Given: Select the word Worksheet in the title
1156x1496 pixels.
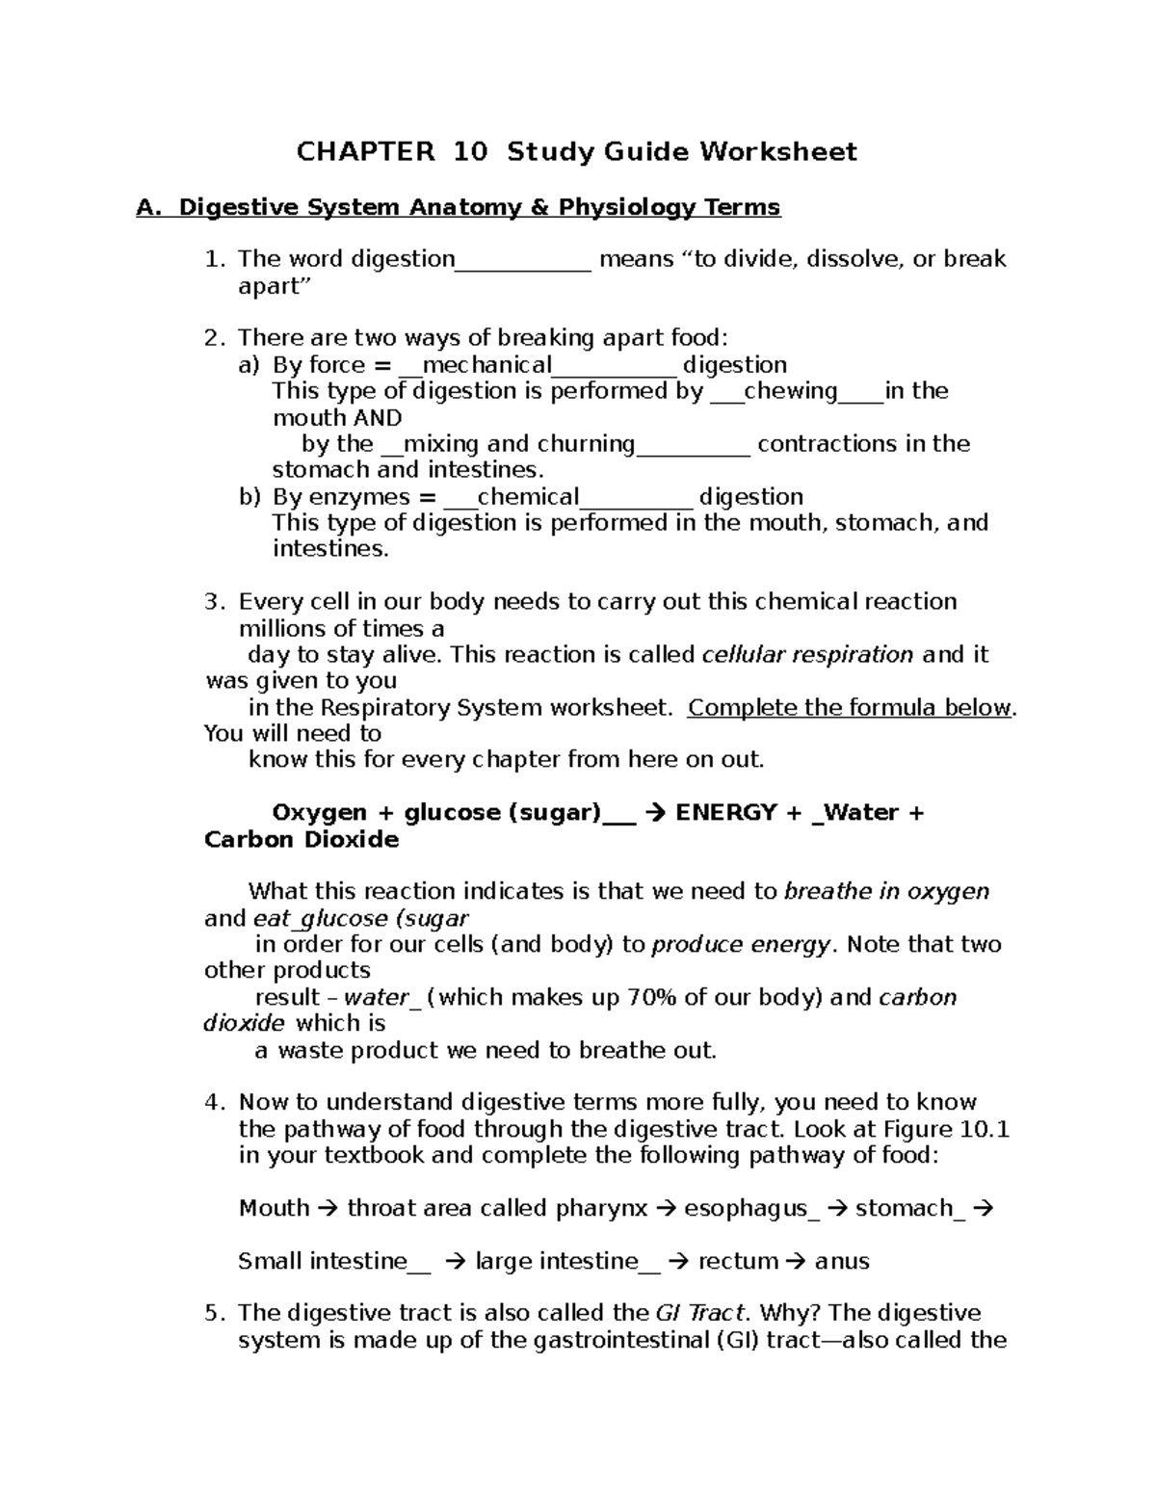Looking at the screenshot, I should (777, 152).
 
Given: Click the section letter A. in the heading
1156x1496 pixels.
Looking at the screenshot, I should (146, 207).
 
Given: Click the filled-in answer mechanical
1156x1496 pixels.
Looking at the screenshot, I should (486, 365).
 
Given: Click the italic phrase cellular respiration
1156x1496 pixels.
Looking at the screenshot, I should (807, 655).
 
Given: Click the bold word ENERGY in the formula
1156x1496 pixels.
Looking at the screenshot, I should (725, 813).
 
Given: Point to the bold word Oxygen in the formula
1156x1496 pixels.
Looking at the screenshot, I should (319, 813).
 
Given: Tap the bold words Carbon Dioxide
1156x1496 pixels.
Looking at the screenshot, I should (302, 840).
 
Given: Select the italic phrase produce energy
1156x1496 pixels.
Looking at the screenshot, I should (740, 945).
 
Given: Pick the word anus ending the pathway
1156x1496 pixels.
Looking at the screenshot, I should (842, 1261).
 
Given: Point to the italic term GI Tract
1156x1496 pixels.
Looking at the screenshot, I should (699, 1314).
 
